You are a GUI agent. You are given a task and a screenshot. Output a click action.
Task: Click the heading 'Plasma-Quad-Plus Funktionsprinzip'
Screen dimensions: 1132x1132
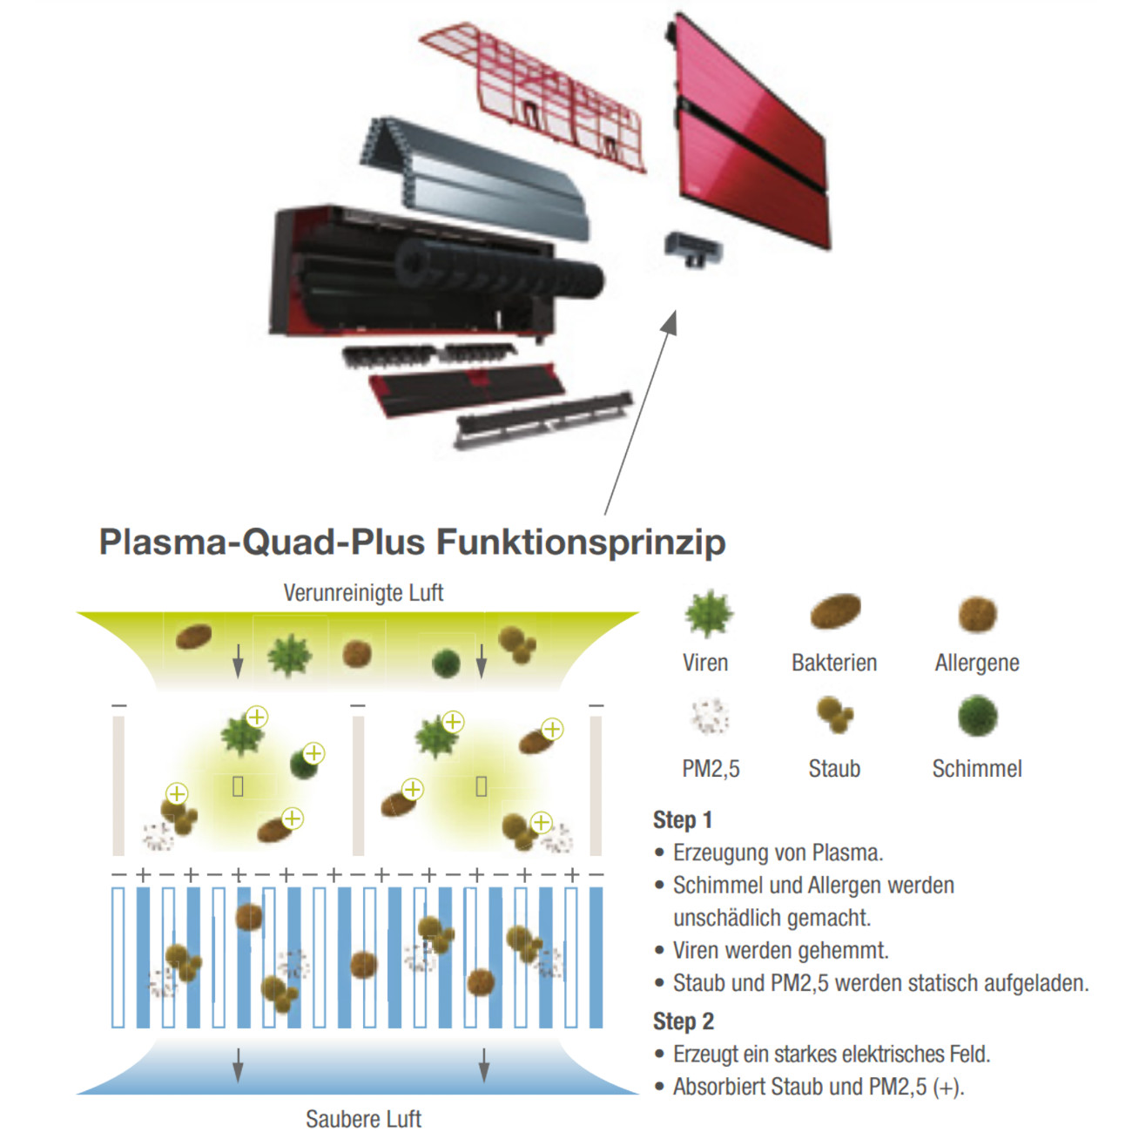pos(412,542)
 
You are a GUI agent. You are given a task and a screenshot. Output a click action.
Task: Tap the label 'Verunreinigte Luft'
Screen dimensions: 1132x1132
pos(363,593)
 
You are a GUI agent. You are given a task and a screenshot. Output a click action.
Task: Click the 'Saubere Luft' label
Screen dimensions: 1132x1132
pos(363,1118)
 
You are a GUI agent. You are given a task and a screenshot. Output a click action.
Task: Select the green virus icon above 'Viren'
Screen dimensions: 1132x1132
pos(708,613)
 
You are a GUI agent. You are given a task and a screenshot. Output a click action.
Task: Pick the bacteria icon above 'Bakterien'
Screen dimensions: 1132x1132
pos(835,611)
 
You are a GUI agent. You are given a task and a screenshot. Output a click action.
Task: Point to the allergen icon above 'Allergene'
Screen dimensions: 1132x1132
pos(977,614)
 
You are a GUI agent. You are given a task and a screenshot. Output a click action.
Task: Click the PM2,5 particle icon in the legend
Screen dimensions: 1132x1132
pos(710,716)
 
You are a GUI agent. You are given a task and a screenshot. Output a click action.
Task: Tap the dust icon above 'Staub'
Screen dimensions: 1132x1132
pos(834,715)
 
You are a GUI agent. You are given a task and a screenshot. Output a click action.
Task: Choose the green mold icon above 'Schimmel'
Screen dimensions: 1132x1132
pos(977,716)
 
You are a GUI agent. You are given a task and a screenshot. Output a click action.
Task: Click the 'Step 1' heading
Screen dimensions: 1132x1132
pos(683,819)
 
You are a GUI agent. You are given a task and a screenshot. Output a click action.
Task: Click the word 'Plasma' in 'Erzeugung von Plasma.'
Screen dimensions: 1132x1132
pos(847,852)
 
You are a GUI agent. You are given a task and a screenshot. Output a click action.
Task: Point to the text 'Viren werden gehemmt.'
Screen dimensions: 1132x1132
pos(780,950)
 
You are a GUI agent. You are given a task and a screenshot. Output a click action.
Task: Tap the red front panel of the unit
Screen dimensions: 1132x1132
pos(749,139)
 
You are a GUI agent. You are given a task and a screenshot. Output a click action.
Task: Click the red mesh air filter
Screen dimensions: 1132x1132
pos(536,96)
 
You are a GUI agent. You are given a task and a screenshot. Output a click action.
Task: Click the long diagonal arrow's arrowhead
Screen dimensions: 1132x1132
pos(670,322)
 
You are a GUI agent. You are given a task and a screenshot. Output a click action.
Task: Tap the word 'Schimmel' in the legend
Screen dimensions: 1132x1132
pos(977,769)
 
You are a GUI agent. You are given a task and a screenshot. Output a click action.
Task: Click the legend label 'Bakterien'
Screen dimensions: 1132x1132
pos(834,663)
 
